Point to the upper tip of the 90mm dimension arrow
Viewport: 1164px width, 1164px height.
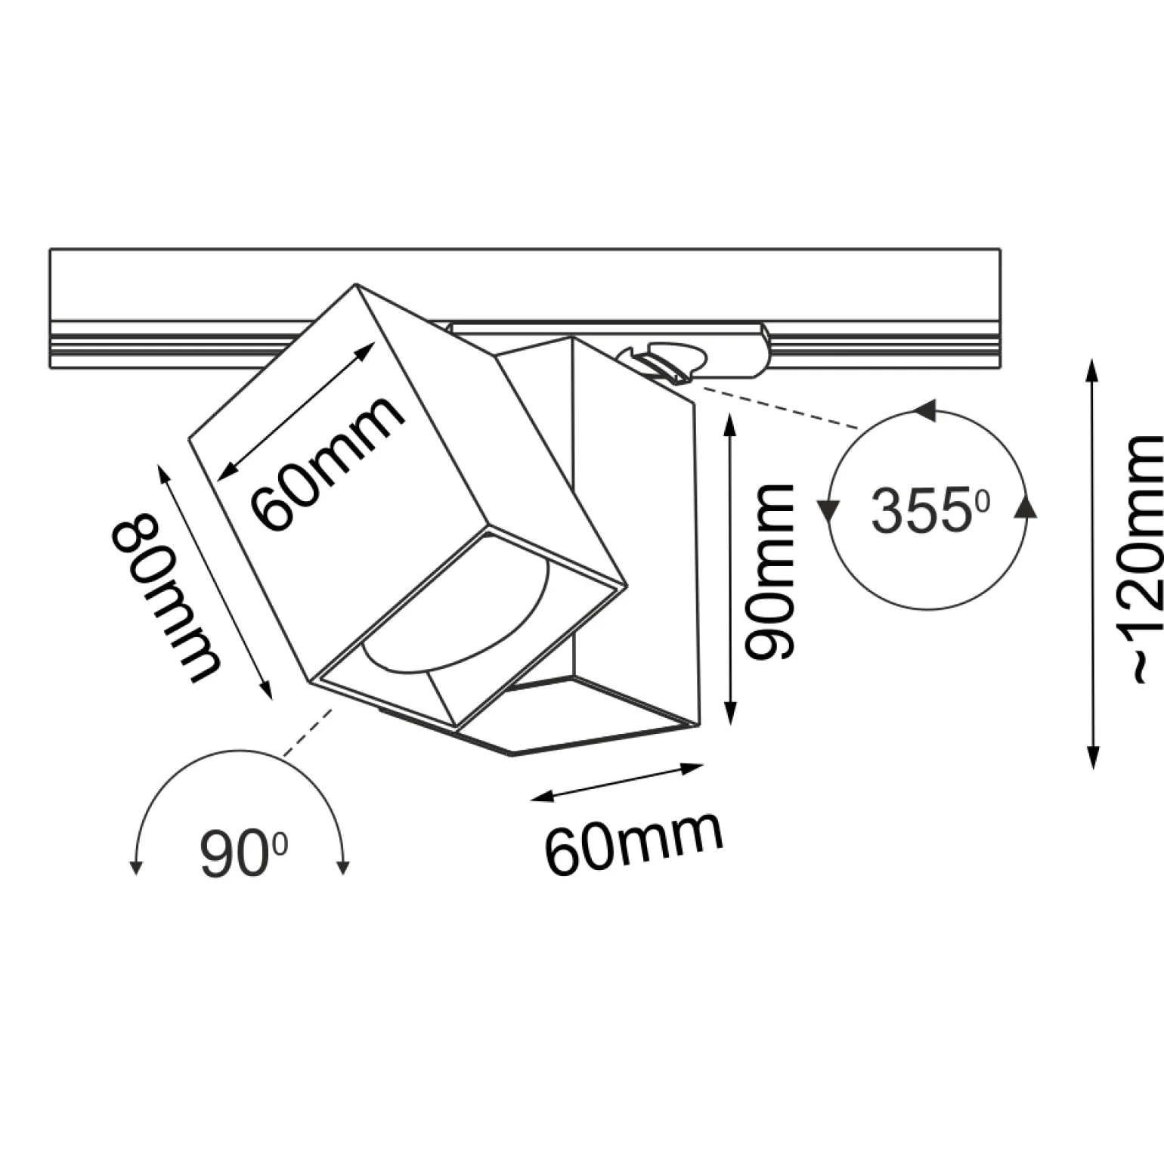(x=729, y=413)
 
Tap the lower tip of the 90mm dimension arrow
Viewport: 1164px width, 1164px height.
(x=729, y=725)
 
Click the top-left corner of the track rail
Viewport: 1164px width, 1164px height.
(x=50, y=249)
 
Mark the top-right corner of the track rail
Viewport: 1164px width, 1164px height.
(x=1000, y=249)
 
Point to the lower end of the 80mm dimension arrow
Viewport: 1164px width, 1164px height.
(x=270, y=697)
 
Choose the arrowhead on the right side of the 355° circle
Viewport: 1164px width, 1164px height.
(x=1026, y=508)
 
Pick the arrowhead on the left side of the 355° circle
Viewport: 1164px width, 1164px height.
(x=830, y=511)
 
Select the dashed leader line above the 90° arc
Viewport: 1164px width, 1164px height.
(x=308, y=732)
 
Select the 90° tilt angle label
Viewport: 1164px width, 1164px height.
(x=243, y=854)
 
